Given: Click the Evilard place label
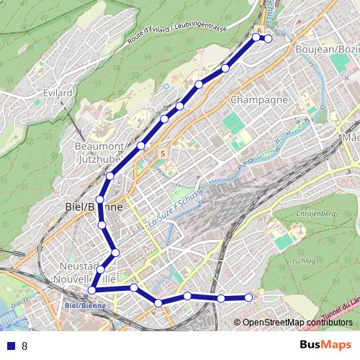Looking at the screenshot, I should point(58,93).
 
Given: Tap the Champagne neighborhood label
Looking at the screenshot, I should point(259,99).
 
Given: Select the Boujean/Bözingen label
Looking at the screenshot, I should point(328,49).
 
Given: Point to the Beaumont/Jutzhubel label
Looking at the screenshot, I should point(101,152).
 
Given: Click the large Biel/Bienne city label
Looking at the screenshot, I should point(89,207).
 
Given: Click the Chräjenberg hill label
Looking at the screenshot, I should point(316,213).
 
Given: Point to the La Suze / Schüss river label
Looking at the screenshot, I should point(176,209).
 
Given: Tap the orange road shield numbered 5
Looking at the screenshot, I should point(164,153).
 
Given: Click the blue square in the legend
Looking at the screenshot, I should point(9,346).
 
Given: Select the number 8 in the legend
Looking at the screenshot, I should point(24,346).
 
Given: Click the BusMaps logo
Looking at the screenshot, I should point(325,345).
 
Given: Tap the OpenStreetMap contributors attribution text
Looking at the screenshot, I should point(299,322).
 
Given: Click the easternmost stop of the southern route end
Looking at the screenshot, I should point(249,297).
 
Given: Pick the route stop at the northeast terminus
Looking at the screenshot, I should point(269,39).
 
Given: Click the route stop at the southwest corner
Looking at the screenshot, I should point(91,290).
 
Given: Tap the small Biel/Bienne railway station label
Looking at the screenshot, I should point(85,305).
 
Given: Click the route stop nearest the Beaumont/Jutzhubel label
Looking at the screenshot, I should point(141,146).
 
